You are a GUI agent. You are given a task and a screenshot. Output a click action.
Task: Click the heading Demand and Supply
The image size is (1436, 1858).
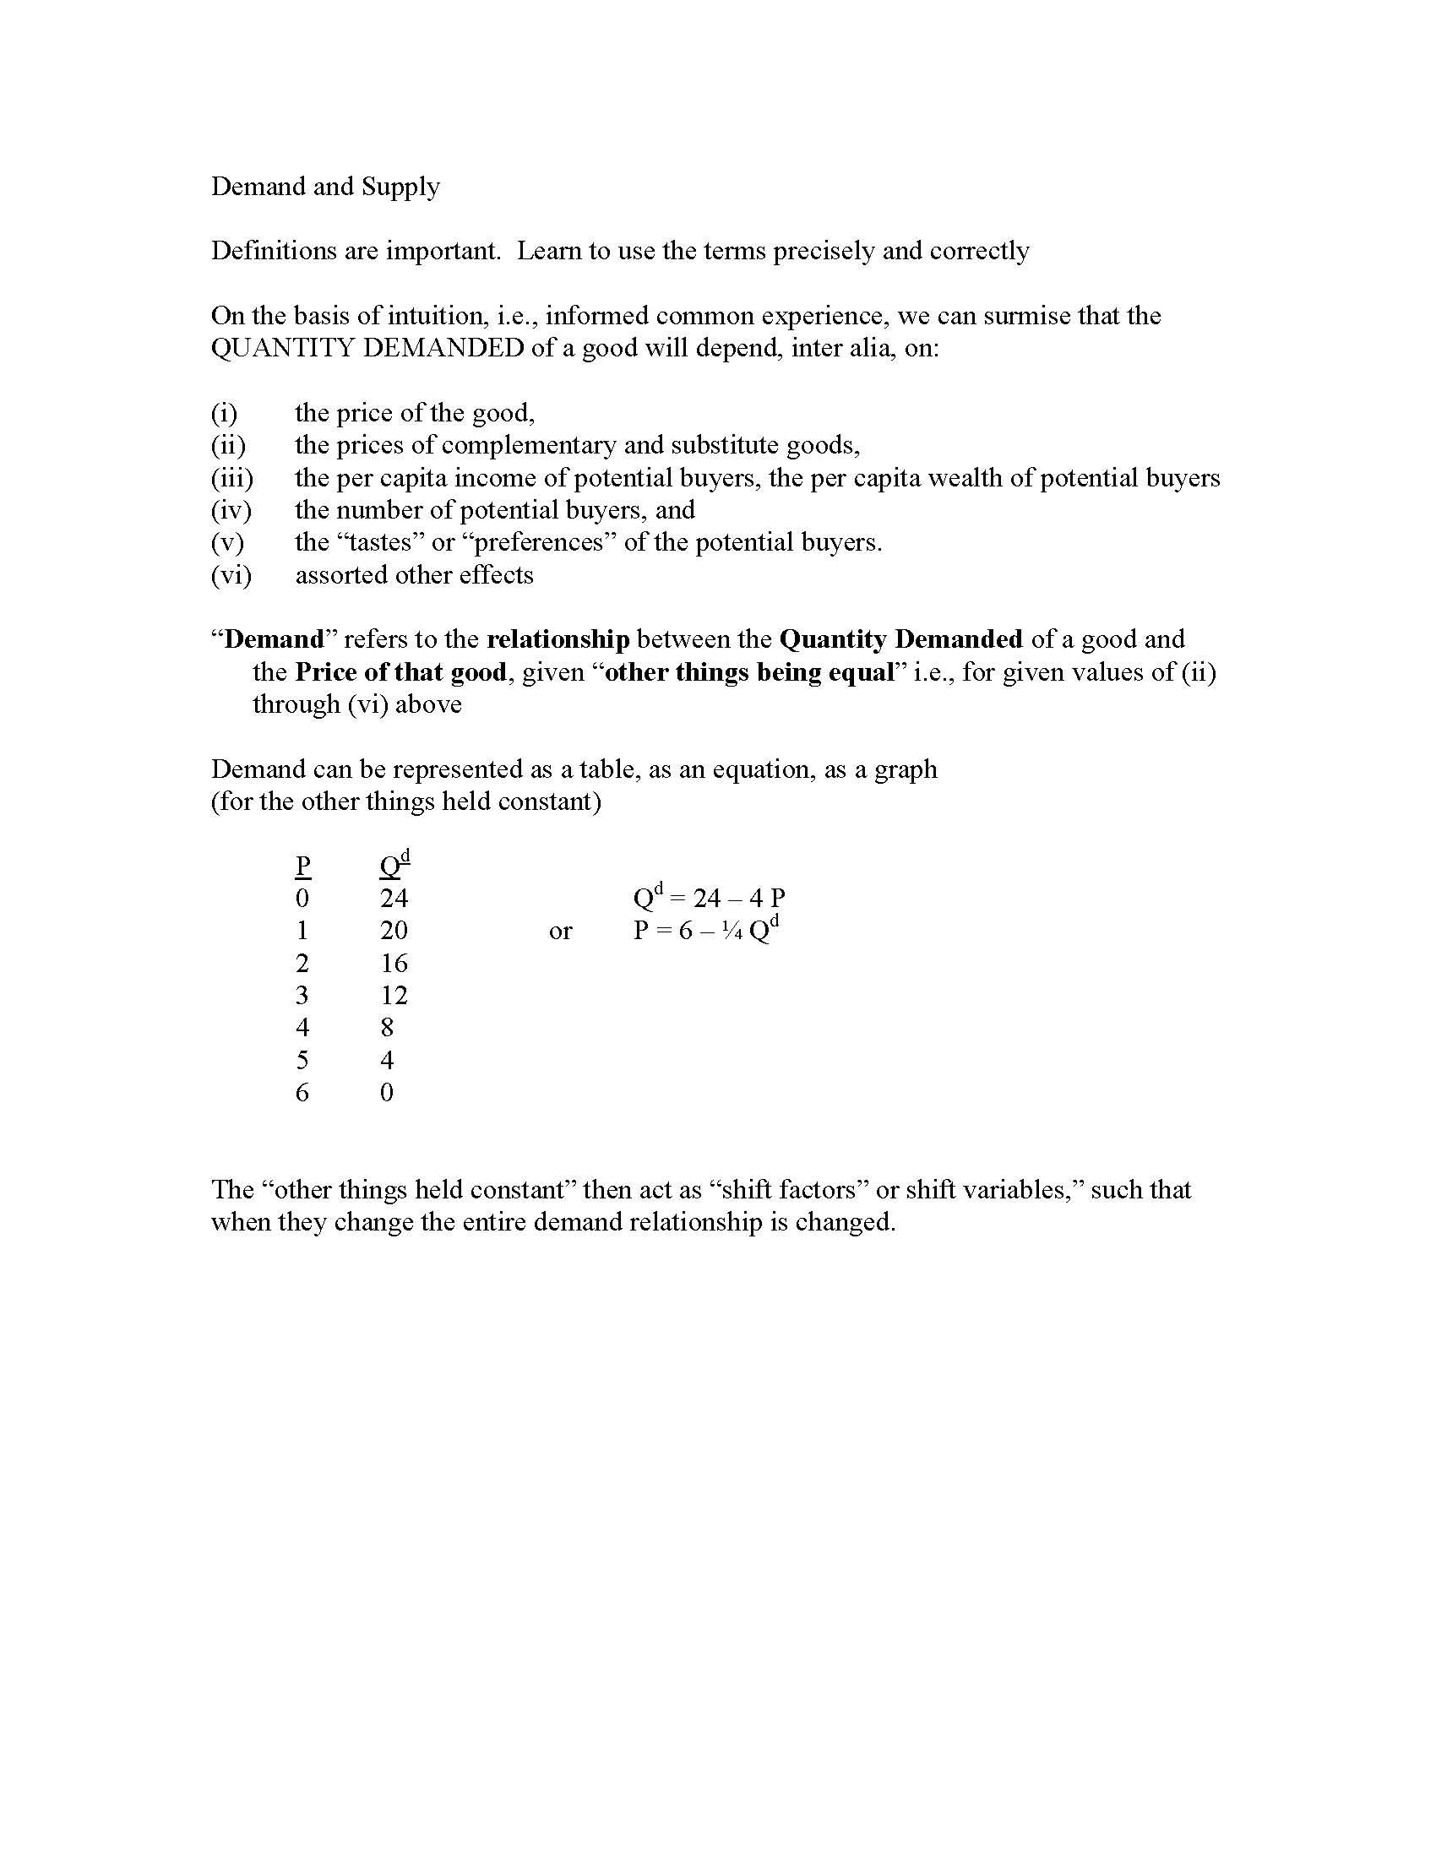click(325, 187)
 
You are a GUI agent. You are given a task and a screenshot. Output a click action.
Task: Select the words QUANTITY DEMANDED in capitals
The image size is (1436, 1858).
click(367, 348)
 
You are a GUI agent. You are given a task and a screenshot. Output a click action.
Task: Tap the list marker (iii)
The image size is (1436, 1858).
click(231, 478)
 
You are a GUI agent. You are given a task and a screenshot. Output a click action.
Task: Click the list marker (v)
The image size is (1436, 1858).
click(227, 543)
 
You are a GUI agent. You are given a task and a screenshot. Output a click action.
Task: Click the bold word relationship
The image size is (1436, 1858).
click(558, 640)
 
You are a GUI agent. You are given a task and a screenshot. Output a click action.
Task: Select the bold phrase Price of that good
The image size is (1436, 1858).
click(401, 672)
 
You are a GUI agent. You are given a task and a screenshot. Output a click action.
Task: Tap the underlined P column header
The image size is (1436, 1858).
click(302, 866)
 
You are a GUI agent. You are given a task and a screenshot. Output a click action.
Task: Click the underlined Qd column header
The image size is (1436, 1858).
click(394, 864)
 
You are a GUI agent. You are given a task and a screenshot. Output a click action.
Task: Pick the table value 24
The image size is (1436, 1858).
click(394, 899)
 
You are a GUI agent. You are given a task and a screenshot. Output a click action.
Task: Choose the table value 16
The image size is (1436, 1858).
click(394, 963)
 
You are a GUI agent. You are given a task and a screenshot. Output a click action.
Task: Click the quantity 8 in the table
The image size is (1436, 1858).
click(387, 1028)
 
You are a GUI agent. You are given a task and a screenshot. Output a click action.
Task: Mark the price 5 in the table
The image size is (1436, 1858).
click(302, 1060)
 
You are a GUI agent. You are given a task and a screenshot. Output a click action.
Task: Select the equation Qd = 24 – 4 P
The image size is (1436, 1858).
click(709, 897)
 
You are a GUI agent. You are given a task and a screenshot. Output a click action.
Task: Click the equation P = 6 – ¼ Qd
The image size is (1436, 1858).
click(706, 930)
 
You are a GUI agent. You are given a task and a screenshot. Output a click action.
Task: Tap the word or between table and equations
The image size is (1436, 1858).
click(560, 931)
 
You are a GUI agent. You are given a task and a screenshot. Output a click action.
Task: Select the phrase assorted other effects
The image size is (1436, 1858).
click(414, 575)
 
